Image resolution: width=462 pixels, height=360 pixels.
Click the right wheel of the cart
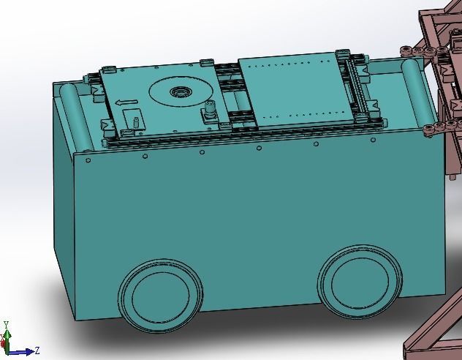coord(360,281)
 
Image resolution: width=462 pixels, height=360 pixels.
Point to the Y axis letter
coord(6,324)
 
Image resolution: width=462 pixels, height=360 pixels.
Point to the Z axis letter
coord(37,350)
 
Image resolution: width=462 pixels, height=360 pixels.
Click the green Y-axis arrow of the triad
coord(7,337)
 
